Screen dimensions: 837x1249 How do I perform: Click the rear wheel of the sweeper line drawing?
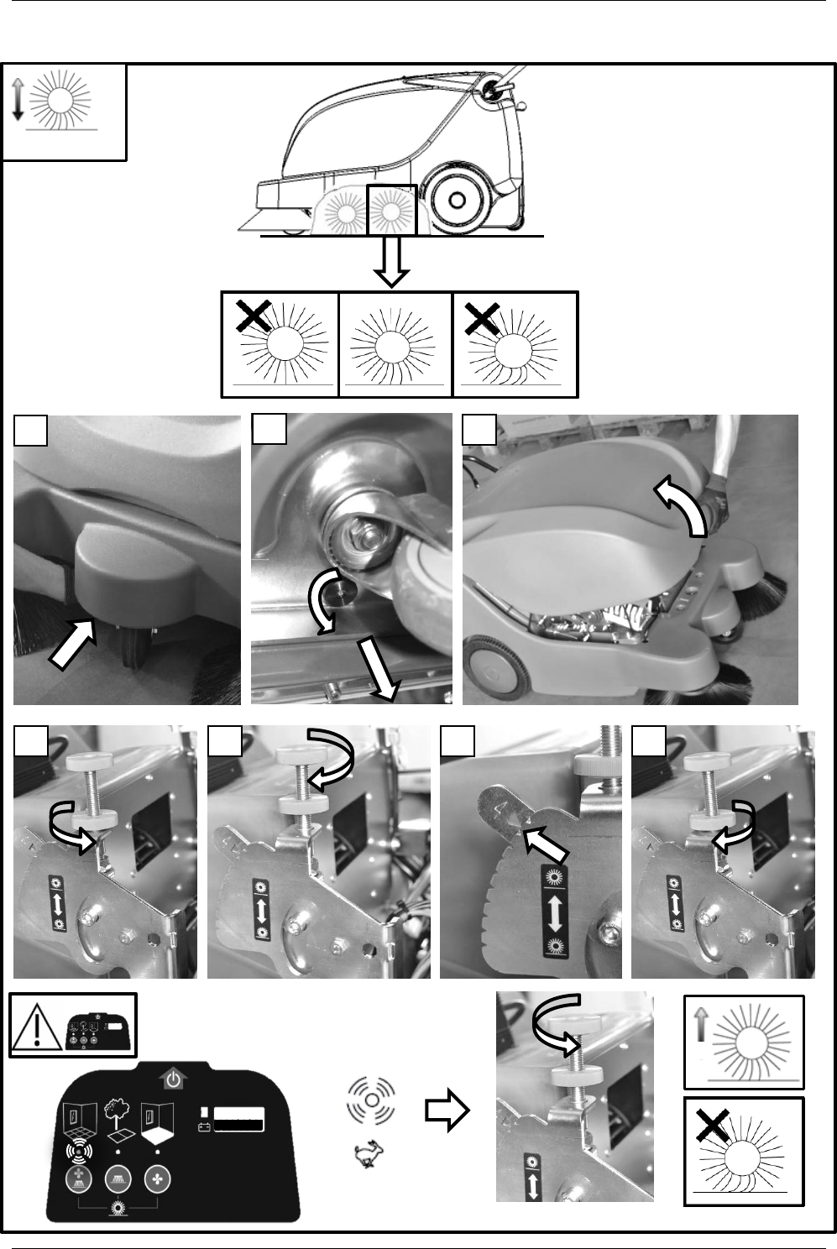click(456, 201)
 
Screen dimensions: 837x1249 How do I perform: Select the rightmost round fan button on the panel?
click(156, 1177)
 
